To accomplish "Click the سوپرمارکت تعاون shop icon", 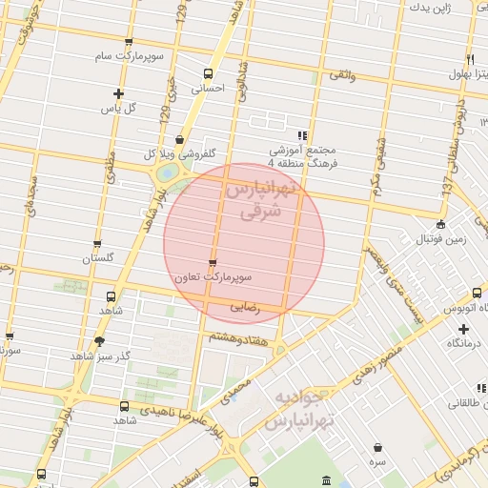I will [212, 262].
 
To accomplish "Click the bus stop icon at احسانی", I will [209, 73].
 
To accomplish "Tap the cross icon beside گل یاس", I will [118, 93].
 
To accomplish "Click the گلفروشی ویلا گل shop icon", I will [179, 138].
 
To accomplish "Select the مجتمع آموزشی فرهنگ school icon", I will [303, 136].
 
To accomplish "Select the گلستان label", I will [98, 258].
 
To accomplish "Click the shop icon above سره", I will [378, 447].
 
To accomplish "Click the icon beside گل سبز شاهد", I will [99, 340].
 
